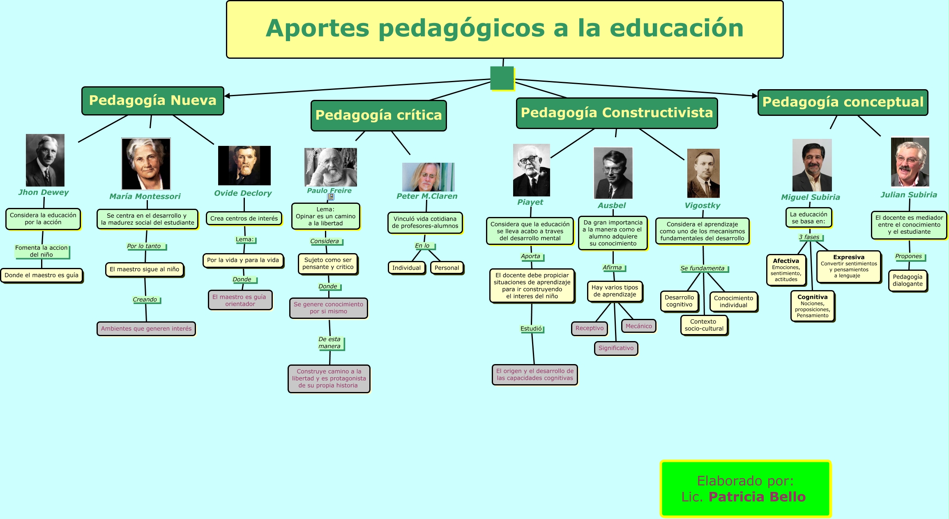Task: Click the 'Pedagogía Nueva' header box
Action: pyautogui.click(x=152, y=101)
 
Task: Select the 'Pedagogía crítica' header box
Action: pyautogui.click(x=378, y=115)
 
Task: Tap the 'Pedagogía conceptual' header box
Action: pyautogui.click(x=843, y=102)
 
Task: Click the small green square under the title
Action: pyautogui.click(x=502, y=78)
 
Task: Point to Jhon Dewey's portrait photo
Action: pyautogui.click(x=45, y=160)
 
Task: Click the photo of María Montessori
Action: pyautogui.click(x=146, y=164)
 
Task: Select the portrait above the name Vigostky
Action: pyautogui.click(x=703, y=173)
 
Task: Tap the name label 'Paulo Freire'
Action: pyautogui.click(x=329, y=191)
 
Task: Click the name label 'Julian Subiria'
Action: pyautogui.click(x=908, y=195)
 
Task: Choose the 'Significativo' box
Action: pyautogui.click(x=616, y=348)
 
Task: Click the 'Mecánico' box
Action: pyautogui.click(x=638, y=326)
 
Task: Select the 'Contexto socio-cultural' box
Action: pyautogui.click(x=704, y=325)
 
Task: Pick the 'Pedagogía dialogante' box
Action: pyautogui.click(x=908, y=280)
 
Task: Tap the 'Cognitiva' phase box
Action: pyautogui.click(x=812, y=306)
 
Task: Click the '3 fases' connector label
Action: pyautogui.click(x=809, y=237)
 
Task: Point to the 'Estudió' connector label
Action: pyautogui.click(x=531, y=329)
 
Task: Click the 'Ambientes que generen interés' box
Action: pyautogui.click(x=146, y=329)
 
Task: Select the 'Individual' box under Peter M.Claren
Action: pyautogui.click(x=406, y=268)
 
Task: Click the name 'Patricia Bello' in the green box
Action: pyautogui.click(x=757, y=497)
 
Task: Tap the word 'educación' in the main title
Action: pyautogui.click(x=676, y=28)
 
